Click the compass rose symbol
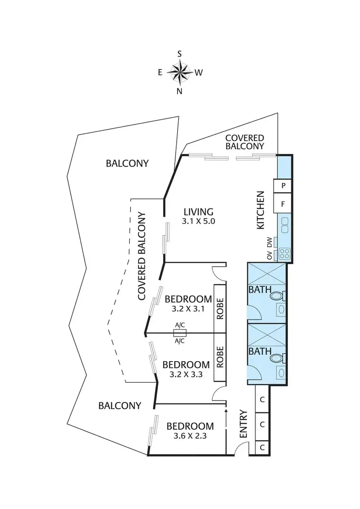[x=180, y=73]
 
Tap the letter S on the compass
[x=180, y=54]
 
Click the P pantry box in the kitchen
[x=283, y=185]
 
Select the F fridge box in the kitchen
[x=283, y=204]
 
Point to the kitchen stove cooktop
[x=283, y=253]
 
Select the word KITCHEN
[x=261, y=210]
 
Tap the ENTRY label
[x=243, y=423]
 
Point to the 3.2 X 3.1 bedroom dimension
[x=189, y=309]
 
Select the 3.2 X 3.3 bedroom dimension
[x=186, y=375]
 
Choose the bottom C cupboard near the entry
[x=262, y=447]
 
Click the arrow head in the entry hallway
[x=226, y=412]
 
